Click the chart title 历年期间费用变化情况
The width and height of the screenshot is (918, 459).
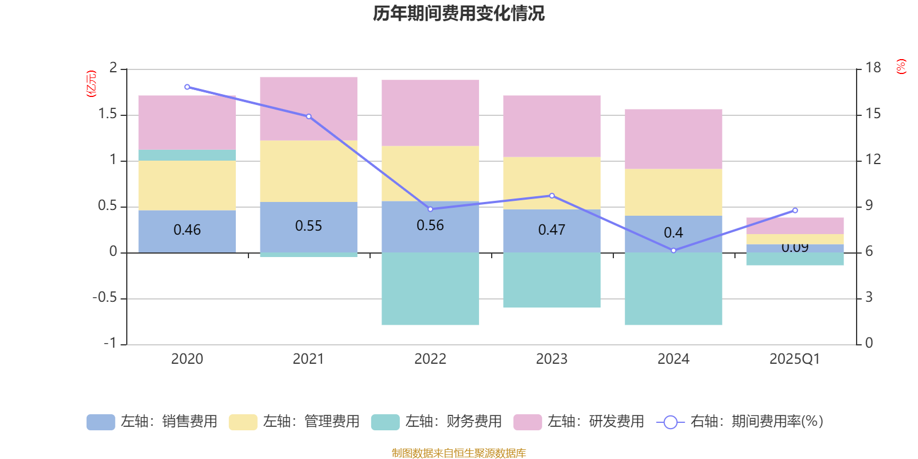(458, 13)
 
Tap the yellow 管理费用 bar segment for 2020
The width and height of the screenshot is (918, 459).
(187, 185)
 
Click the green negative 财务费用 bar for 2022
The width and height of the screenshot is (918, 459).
(430, 289)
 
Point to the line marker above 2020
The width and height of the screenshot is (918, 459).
(187, 87)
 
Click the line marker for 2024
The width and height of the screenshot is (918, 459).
(674, 251)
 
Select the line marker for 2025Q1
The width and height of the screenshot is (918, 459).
(795, 211)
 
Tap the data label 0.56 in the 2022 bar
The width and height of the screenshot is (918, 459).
(430, 225)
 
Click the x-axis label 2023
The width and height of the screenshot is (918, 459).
(552, 359)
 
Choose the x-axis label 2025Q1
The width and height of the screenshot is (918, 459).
(795, 359)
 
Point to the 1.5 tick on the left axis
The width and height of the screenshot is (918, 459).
(107, 114)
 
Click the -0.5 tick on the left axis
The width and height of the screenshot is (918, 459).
(104, 298)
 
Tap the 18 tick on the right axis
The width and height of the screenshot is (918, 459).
(873, 68)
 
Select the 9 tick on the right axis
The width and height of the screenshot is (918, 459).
(869, 205)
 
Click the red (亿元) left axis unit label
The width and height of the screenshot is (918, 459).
(91, 84)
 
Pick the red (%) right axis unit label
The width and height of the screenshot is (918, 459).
(901, 67)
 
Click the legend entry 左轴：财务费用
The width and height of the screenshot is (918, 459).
(437, 422)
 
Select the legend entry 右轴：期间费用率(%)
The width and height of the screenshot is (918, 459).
(740, 422)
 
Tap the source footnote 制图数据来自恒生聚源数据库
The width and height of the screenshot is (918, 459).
(458, 453)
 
